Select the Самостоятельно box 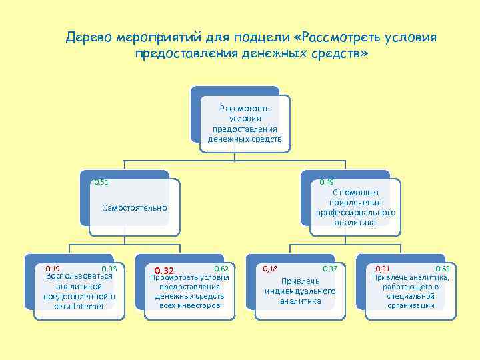point(134,209)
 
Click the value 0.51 point(101,182)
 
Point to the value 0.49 point(327,182)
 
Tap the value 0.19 point(52,268)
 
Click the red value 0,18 point(270,268)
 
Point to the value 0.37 point(329,268)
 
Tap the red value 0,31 point(383,268)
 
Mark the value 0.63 point(443,268)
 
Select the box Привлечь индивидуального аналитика point(300,291)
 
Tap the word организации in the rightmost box point(411,305)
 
